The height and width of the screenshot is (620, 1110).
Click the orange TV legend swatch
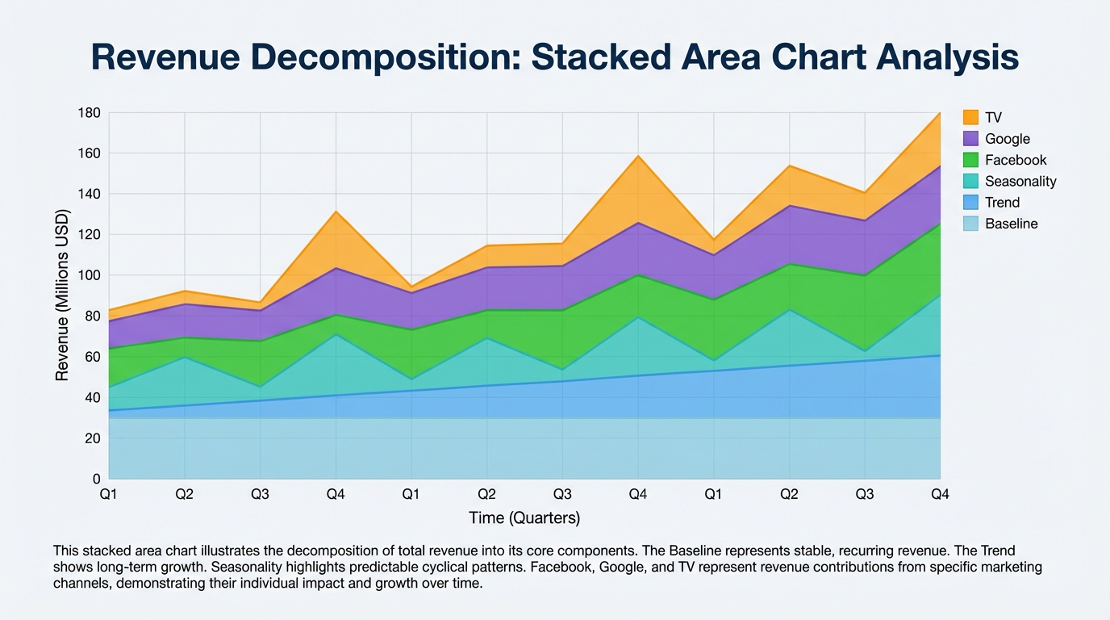tap(970, 117)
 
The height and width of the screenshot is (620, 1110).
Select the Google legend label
tap(1008, 139)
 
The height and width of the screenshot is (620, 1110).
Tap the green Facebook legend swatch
tap(970, 160)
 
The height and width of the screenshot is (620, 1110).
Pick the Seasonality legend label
tap(1020, 182)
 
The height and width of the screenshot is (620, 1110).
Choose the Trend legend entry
tap(1002, 203)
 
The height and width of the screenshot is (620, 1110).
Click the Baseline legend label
tap(1012, 224)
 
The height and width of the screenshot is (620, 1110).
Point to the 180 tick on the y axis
tap(89, 113)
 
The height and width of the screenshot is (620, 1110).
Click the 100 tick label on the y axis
tap(89, 275)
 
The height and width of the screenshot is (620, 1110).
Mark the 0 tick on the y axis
tap(96, 479)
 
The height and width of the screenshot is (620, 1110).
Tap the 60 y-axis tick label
tap(92, 357)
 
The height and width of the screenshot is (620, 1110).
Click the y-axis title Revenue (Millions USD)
tap(62, 295)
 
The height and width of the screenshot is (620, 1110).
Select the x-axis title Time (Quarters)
tap(524, 517)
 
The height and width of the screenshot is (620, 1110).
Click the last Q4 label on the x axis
tap(940, 494)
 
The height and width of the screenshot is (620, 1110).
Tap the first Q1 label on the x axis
tap(109, 494)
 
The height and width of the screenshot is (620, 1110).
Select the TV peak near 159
tap(638, 156)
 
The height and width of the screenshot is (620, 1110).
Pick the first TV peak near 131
tap(336, 212)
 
